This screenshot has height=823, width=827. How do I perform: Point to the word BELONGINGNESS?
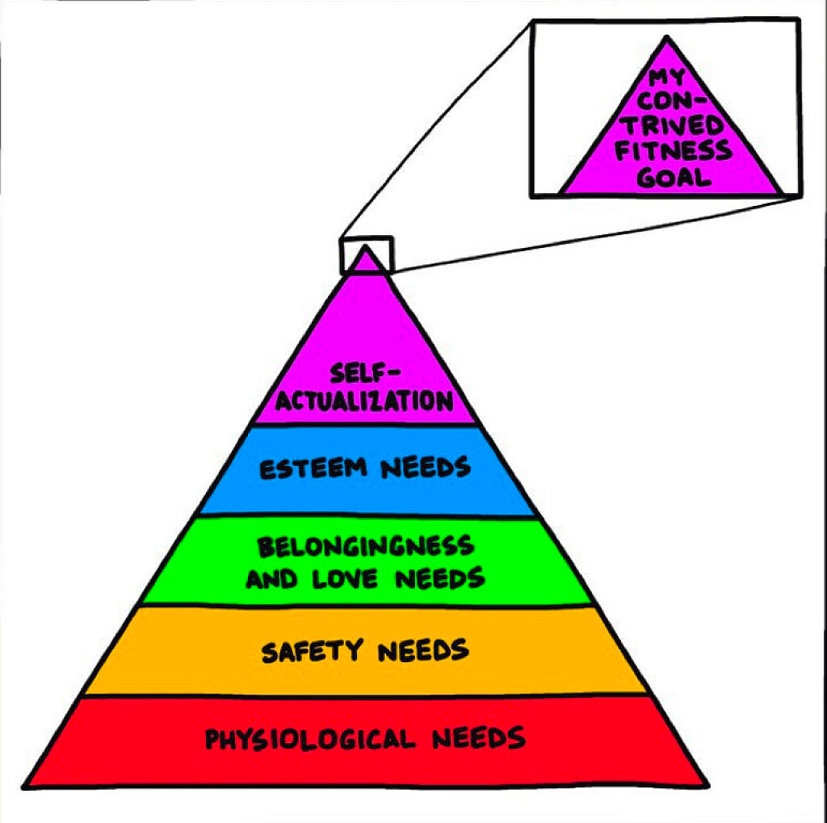366,548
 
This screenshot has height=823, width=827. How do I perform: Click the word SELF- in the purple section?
366,374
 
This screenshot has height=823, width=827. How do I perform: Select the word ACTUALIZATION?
363,401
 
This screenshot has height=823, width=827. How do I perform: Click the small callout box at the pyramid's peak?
366,254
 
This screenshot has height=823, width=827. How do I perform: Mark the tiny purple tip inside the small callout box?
367,261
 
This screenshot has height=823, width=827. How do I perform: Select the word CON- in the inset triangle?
668,103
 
